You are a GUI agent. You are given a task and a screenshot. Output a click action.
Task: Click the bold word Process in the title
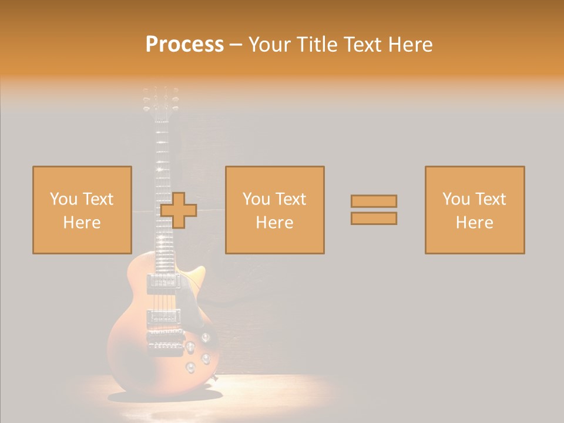click(184, 44)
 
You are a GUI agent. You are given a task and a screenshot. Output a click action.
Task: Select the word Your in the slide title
click(271, 44)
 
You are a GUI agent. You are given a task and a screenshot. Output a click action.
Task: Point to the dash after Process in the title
click(236, 45)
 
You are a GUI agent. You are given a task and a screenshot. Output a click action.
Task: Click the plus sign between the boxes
click(179, 210)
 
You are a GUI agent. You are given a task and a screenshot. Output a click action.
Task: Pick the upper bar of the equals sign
click(374, 201)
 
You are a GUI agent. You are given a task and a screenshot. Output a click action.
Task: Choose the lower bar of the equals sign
click(374, 218)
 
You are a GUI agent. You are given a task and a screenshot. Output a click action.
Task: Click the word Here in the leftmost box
click(82, 223)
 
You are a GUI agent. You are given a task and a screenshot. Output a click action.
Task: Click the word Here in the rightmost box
click(474, 223)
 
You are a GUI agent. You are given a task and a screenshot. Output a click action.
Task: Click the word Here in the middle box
click(274, 223)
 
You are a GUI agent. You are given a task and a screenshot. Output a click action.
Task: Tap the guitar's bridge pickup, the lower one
click(163, 318)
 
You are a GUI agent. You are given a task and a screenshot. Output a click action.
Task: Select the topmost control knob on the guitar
click(206, 337)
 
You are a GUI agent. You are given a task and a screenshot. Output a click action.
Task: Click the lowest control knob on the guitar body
click(190, 368)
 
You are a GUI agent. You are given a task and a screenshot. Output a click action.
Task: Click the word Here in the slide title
click(408, 44)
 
